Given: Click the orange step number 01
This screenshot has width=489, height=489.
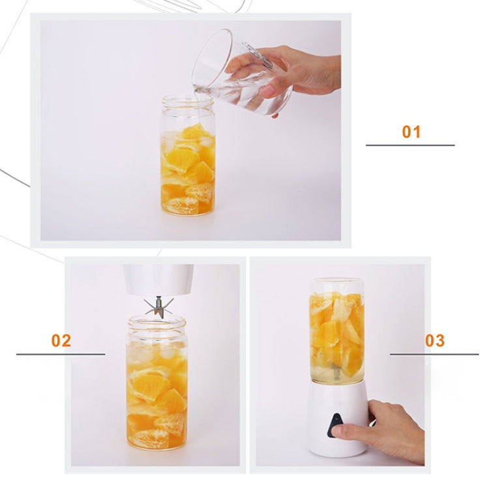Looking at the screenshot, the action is [x=411, y=132].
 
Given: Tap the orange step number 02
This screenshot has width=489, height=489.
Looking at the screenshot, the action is [x=61, y=340].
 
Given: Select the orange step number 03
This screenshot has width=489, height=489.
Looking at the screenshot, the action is [x=435, y=340].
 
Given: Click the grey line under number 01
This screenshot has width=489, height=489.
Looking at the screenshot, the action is [x=410, y=145].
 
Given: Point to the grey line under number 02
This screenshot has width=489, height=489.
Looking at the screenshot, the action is [x=61, y=354].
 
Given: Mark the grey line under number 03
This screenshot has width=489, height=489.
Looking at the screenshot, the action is [x=434, y=354].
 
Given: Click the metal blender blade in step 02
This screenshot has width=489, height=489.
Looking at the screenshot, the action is [x=158, y=307].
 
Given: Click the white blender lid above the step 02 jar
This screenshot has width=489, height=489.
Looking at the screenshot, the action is [x=158, y=280].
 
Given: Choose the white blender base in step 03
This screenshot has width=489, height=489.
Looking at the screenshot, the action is [x=338, y=418].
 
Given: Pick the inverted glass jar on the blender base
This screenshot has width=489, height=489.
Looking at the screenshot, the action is [x=337, y=331].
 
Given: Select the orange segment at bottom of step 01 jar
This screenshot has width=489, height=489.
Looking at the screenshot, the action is [x=181, y=205].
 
